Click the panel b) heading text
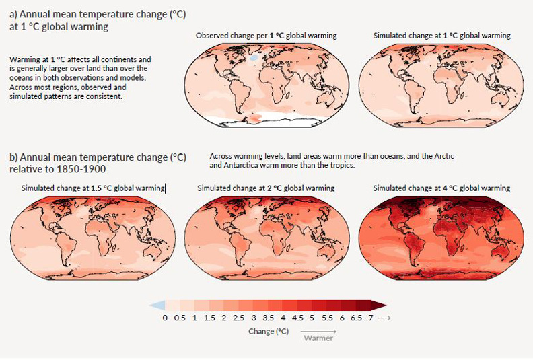[98, 162]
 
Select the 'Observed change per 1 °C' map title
[266, 35]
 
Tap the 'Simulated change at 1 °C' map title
[441, 35]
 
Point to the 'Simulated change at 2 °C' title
[266, 188]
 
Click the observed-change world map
[266, 84]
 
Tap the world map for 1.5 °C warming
[93, 238]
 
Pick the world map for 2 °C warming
[266, 238]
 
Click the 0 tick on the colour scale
[165, 317]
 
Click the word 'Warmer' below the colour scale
[318, 338]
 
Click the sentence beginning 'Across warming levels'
[332, 160]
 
